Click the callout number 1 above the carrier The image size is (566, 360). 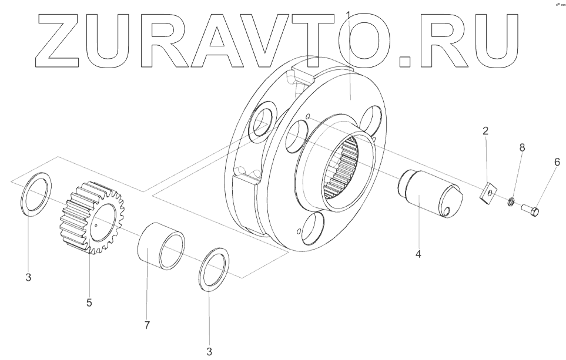(x=349, y=14)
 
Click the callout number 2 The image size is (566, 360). (x=485, y=130)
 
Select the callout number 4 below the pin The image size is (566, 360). (x=418, y=254)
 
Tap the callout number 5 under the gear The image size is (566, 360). (x=89, y=303)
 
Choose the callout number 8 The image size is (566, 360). (x=521, y=149)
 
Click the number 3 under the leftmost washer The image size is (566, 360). (x=28, y=278)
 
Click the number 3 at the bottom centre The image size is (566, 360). (x=209, y=352)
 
